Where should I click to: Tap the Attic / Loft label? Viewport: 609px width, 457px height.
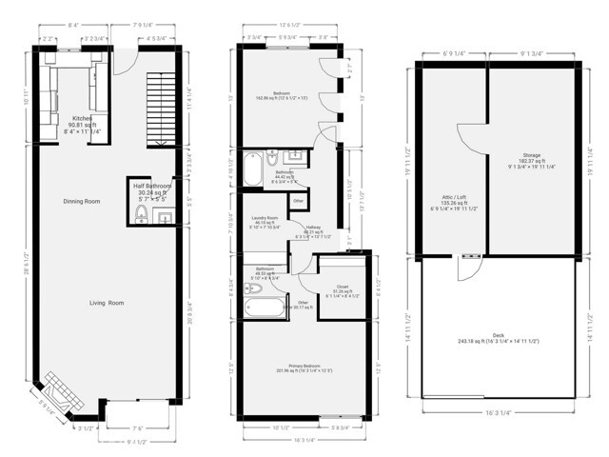447,197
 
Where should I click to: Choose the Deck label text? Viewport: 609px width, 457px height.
499,334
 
